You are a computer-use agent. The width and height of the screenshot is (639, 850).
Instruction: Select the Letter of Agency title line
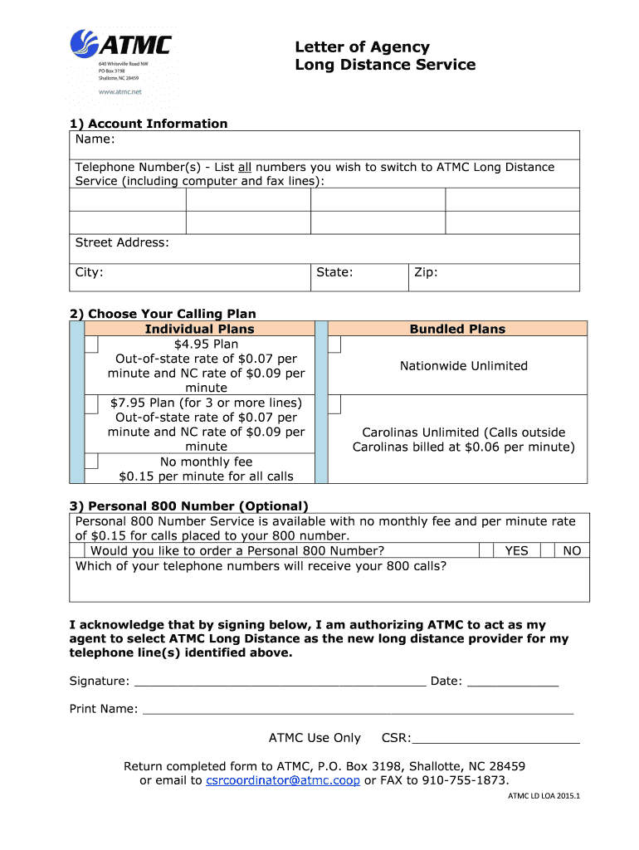[363, 47]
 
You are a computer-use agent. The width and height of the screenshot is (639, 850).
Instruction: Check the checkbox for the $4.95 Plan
[92, 344]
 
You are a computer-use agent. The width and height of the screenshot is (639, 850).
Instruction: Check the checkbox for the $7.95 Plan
[92, 403]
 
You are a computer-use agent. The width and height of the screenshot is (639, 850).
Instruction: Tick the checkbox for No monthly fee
[92, 462]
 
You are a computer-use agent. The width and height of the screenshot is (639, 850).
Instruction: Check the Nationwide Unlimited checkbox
[334, 344]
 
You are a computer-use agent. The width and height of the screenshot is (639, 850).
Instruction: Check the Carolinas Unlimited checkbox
[334, 403]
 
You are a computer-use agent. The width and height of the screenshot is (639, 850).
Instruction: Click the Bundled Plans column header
[457, 329]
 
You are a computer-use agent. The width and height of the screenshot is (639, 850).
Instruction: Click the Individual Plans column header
[199, 329]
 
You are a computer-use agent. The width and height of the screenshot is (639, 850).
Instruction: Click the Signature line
[280, 682]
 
